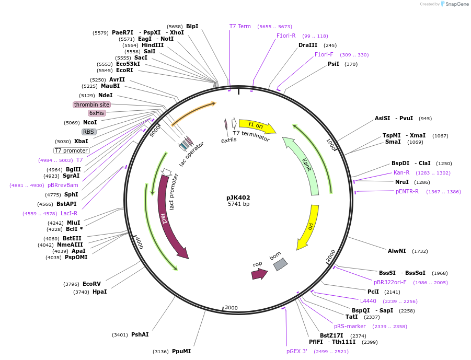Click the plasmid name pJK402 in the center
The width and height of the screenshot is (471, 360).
coord(238,198)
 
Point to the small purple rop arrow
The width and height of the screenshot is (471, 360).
coord(259,273)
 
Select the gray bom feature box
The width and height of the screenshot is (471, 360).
coord(280,264)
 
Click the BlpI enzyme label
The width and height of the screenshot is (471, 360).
coord(192,26)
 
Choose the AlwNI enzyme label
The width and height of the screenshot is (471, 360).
coord(397,251)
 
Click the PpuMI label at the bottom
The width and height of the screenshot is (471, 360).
coord(181,352)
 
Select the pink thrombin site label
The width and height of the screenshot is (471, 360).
coord(91,104)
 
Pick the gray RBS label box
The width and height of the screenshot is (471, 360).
coord(89,132)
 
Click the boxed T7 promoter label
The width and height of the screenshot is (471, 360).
coord(71,150)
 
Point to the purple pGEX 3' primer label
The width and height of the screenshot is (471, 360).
coord(297,352)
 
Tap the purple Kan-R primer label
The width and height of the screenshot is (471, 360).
coord(401,173)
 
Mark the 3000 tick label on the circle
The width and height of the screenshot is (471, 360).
coord(231,308)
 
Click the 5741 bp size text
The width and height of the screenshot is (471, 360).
coord(238,204)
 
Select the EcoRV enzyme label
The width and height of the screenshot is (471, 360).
coord(91,284)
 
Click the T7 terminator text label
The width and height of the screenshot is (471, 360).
coord(251,136)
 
